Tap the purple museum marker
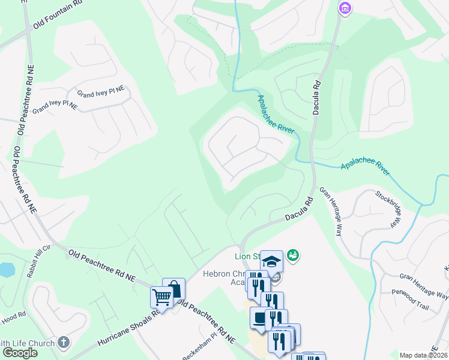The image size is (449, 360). pyautogui.click(x=345, y=8)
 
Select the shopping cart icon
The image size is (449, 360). pyautogui.click(x=161, y=296)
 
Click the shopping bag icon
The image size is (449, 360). pyautogui.click(x=173, y=289)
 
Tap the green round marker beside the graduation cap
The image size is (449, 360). pyautogui.click(x=293, y=256)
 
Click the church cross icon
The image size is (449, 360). pyautogui.click(x=64, y=343)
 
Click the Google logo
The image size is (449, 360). pyautogui.click(x=20, y=353)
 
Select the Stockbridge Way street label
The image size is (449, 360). pyautogui.click(x=387, y=208)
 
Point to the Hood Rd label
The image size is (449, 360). pyautogui.click(x=13, y=315)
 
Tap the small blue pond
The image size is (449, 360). pyautogui.click(x=6, y=269)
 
